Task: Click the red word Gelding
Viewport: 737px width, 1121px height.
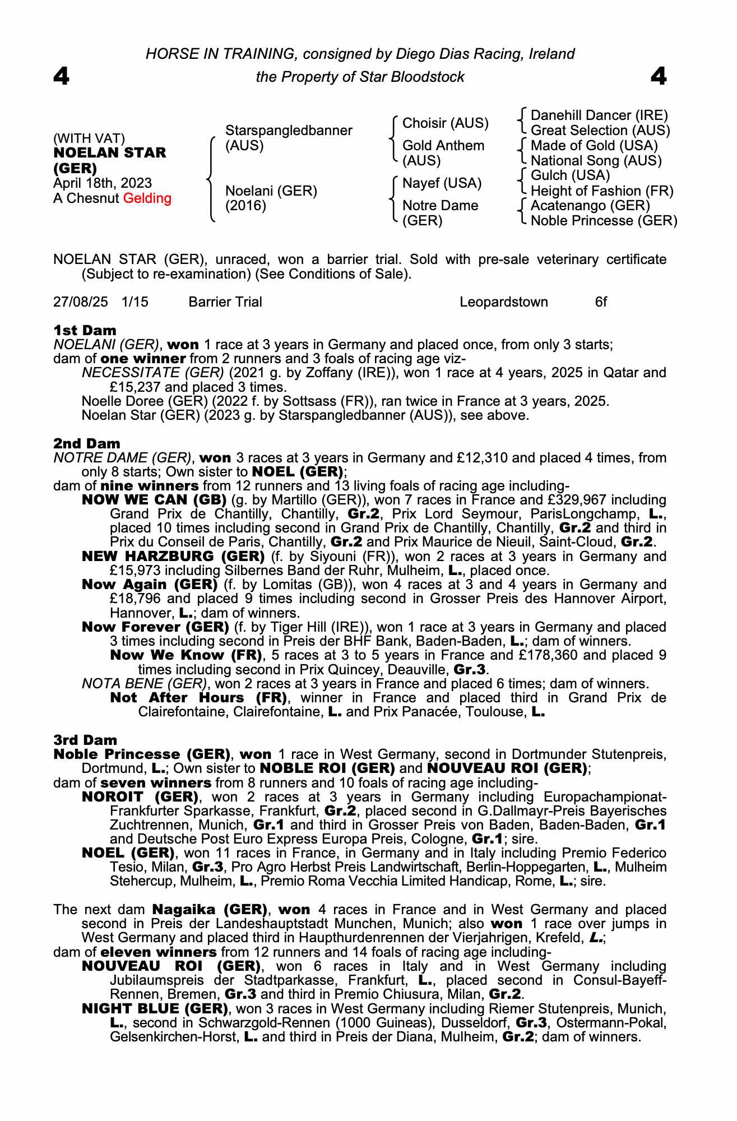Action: pyautogui.click(x=147, y=198)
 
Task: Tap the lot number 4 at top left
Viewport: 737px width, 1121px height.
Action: pyautogui.click(x=62, y=76)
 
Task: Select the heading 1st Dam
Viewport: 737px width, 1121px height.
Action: pyautogui.click(x=85, y=330)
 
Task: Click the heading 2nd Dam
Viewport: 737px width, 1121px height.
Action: pyautogui.click(x=86, y=443)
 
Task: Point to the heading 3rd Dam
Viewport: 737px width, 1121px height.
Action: pyautogui.click(x=85, y=740)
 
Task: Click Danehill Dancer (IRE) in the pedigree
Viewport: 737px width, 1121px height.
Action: pyautogui.click(x=599, y=115)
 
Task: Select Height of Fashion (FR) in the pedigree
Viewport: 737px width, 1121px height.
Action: pyautogui.click(x=602, y=191)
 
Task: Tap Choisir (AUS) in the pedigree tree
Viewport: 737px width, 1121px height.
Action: pyautogui.click(x=446, y=123)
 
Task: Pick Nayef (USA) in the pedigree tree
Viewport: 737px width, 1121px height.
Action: pyautogui.click(x=442, y=183)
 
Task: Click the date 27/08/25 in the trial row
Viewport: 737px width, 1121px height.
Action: pyautogui.click(x=81, y=302)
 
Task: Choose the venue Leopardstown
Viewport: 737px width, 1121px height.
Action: pyautogui.click(x=504, y=302)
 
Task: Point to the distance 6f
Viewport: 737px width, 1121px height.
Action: pyautogui.click(x=601, y=302)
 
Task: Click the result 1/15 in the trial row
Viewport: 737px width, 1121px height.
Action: pyautogui.click(x=135, y=302)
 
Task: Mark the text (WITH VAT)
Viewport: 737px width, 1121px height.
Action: pyautogui.click(x=89, y=138)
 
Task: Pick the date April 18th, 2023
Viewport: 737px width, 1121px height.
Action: pyautogui.click(x=103, y=183)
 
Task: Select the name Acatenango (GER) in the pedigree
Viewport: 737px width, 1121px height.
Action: pyautogui.click(x=590, y=206)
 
